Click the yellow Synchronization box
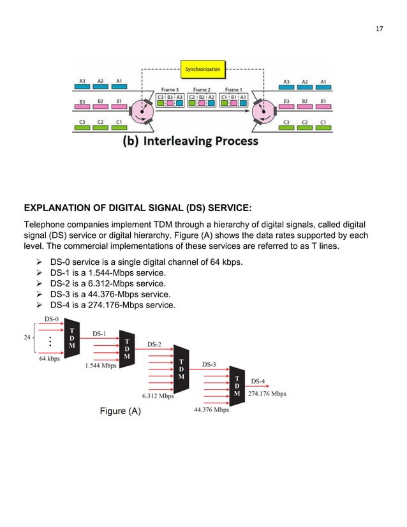pos(203,68)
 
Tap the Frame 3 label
pos(170,90)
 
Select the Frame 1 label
pos(232,90)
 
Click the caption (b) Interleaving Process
pos(190,140)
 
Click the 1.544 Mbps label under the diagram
pos(100,366)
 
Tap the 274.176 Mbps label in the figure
pos(267,394)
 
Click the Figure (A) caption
pos(120,412)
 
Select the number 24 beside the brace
pos(27,338)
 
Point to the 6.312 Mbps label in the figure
pos(158,396)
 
